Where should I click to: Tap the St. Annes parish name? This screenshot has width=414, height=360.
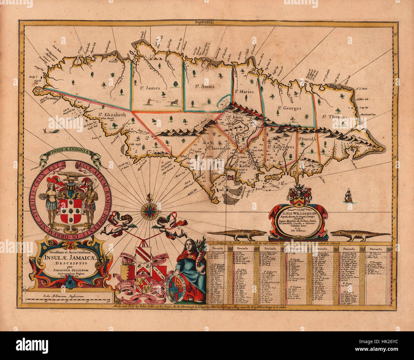(204, 86)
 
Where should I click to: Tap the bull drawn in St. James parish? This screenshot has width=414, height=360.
(174, 102)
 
